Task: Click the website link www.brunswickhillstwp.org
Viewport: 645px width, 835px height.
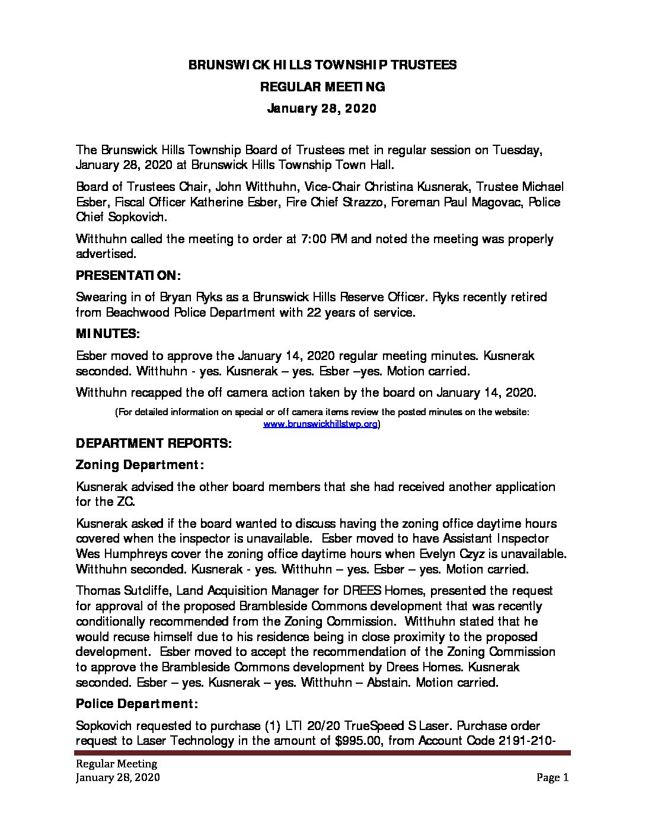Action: coord(320,424)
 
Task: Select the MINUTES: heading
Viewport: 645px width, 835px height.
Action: coord(108,334)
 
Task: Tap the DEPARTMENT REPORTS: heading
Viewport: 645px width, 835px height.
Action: coord(154,443)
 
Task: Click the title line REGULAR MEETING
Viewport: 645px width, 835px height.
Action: coord(322,87)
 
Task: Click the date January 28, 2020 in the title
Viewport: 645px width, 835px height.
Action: coord(322,109)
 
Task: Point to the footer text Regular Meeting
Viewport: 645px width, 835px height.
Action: coord(116,764)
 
